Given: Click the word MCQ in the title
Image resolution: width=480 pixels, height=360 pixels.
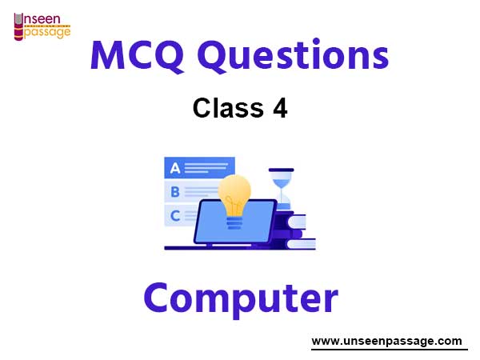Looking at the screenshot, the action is tap(137, 56).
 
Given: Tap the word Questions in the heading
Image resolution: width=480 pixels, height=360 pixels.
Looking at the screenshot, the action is tap(294, 55).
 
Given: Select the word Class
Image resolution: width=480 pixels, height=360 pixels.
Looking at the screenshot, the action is tap(228, 108).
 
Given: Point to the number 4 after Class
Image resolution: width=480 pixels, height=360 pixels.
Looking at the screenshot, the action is tap(280, 108).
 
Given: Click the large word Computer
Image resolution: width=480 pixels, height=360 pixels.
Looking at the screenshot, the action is tap(241, 298).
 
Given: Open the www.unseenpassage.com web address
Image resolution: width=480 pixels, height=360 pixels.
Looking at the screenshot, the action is tap(386, 341).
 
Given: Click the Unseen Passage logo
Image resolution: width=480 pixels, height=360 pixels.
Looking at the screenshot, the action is tap(42, 26).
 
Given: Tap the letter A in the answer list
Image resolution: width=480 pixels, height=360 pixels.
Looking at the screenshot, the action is tap(175, 168).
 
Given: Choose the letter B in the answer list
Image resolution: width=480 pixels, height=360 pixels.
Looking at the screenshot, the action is tap(175, 192).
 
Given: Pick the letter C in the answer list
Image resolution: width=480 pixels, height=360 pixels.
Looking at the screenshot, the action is tap(175, 216).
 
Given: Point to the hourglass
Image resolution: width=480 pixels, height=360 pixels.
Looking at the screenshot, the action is tap(282, 189).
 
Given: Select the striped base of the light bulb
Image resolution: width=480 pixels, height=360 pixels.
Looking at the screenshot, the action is tap(234, 222).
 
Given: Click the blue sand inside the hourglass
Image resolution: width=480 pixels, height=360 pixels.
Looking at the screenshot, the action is tap(282, 183).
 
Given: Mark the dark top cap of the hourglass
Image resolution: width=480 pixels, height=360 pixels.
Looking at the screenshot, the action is tap(282, 170).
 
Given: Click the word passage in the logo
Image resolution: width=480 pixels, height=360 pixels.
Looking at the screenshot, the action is tap(47, 33).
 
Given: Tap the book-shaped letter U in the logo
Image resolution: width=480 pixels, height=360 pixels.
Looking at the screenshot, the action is tap(18, 26).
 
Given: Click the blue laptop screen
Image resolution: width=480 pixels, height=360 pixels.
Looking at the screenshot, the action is tap(235, 222).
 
